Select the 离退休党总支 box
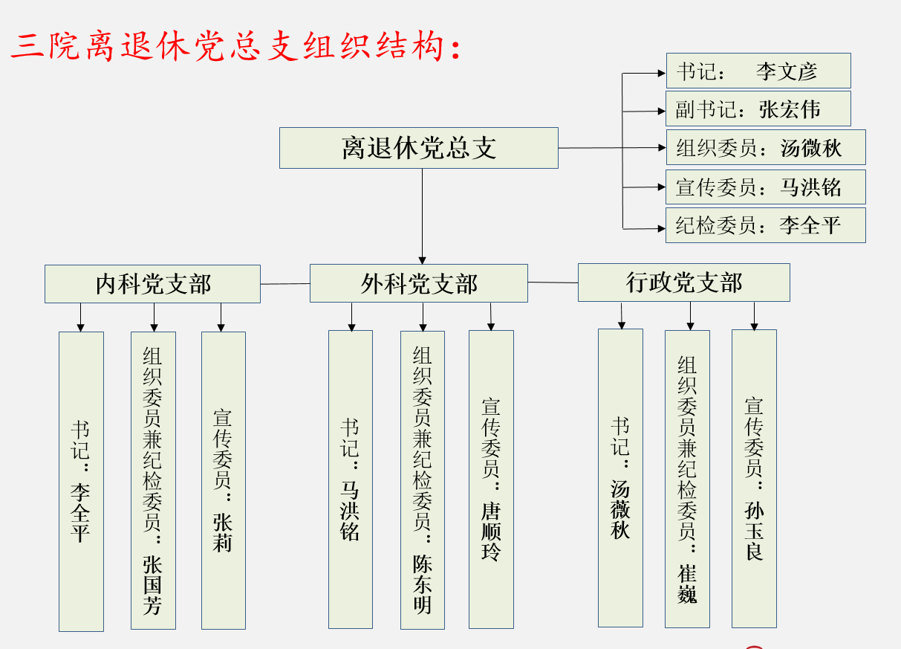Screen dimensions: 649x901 (x=418, y=148)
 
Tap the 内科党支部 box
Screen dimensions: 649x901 (x=152, y=284)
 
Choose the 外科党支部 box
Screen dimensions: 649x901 (x=418, y=283)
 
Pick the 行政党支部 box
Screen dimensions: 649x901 (x=683, y=282)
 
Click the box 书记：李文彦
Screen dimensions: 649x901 (x=758, y=71)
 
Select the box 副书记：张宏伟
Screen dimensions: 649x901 (x=758, y=109)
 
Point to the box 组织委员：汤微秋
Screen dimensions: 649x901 (x=765, y=147)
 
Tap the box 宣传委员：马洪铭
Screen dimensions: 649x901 (x=765, y=186)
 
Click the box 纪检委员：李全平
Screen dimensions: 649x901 (x=765, y=225)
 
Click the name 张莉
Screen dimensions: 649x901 (x=222, y=532)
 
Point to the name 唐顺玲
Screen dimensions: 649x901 (x=490, y=532)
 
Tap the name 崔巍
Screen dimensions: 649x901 (x=687, y=584)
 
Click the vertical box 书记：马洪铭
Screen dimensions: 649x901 (x=350, y=480)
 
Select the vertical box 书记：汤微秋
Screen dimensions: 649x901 (x=620, y=478)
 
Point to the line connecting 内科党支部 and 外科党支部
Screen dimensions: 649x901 (x=284, y=283)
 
